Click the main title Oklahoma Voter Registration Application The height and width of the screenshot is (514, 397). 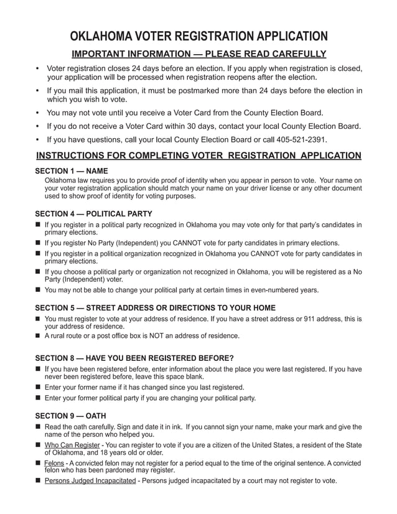(x=198, y=35)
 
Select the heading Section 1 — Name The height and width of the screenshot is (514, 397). (x=71, y=171)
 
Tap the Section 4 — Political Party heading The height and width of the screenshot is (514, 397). (x=93, y=213)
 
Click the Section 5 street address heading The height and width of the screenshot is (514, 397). (x=155, y=308)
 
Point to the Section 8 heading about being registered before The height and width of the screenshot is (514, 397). (x=134, y=358)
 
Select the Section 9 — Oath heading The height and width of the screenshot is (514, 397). (x=70, y=416)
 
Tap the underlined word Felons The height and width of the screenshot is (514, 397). (x=54, y=464)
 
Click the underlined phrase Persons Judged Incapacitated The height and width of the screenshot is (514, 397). (x=90, y=481)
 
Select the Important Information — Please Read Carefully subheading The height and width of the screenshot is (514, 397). (x=198, y=54)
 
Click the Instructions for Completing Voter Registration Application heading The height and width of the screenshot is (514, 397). (x=198, y=155)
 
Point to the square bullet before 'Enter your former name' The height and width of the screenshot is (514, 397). (x=38, y=387)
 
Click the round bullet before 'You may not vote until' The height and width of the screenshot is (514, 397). (x=38, y=113)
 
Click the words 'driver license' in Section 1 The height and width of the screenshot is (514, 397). (x=258, y=188)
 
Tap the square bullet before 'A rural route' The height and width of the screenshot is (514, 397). (x=38, y=336)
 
